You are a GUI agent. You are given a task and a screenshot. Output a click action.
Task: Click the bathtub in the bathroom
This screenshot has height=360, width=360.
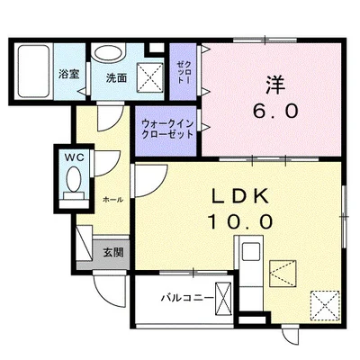pyautogui.click(x=34, y=69)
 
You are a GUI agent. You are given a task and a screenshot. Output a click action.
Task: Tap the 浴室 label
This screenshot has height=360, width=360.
pyautogui.click(x=68, y=76)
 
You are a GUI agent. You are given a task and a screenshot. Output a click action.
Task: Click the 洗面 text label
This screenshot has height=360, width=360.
pyautogui.click(x=115, y=77)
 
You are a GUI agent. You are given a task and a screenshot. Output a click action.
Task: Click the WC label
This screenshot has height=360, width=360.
pyautogui.click(x=72, y=157)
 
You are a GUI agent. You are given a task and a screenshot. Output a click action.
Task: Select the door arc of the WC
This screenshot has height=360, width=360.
pyautogui.click(x=104, y=167)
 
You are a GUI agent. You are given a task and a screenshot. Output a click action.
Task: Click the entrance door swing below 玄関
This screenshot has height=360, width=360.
pyautogui.click(x=111, y=290)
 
